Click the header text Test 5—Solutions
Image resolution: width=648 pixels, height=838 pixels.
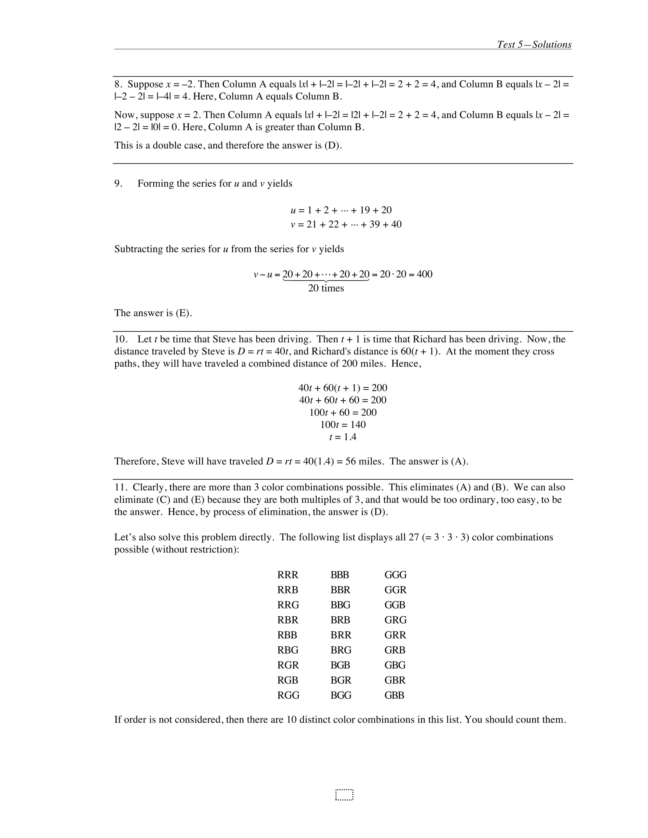[x=534, y=45]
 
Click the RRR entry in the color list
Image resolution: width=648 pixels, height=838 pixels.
[x=288, y=575]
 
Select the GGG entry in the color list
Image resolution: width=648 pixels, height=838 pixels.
[x=396, y=575]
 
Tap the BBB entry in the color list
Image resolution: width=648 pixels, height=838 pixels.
[x=340, y=575]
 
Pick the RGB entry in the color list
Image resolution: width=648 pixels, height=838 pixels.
[x=288, y=680]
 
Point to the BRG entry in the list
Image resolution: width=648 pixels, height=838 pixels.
[x=341, y=650]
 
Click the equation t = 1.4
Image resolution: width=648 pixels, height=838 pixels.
[x=343, y=437]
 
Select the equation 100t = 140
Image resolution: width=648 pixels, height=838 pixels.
[x=343, y=425]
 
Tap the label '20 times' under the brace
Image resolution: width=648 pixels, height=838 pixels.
[x=326, y=288]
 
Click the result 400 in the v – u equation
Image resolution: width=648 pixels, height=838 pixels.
[x=424, y=274]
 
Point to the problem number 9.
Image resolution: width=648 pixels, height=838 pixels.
[x=118, y=184]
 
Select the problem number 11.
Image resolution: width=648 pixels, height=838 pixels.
[x=120, y=487]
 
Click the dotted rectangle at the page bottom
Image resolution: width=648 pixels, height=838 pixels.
[x=344, y=795]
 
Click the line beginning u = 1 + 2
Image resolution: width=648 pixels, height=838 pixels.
[x=341, y=210]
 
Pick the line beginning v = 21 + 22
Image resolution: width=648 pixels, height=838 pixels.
[x=346, y=225]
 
